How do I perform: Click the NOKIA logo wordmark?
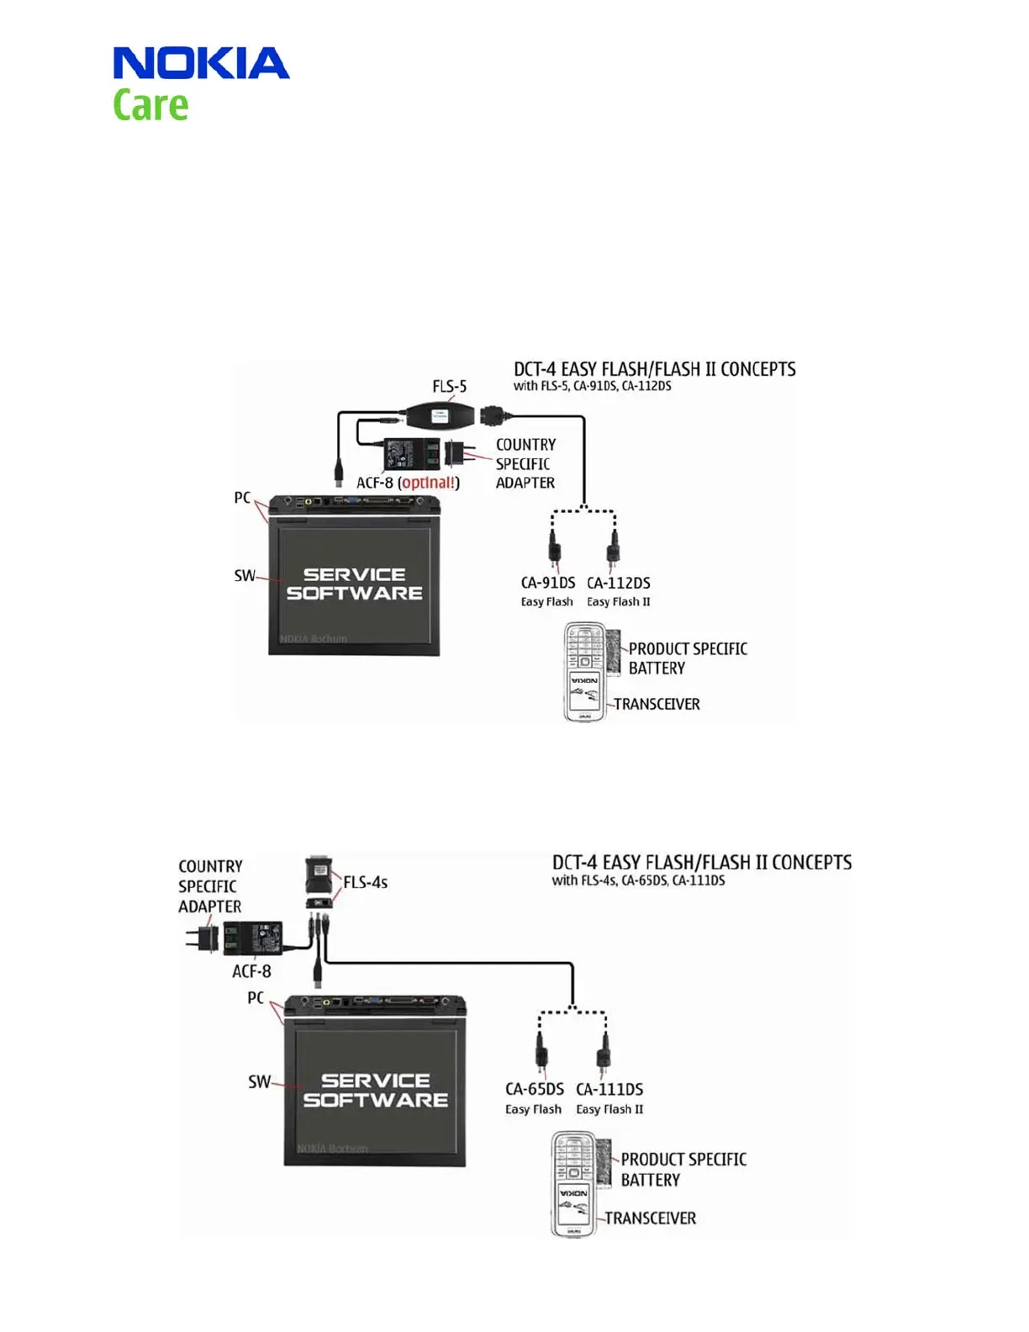201,63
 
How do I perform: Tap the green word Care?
150,106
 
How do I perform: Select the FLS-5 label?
449,386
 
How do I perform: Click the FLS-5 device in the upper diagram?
440,415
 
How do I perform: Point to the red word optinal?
430,483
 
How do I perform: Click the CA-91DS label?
547,583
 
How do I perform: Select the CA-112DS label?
618,583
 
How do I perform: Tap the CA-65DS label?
534,1089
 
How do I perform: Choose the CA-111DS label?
609,1089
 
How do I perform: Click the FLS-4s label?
365,882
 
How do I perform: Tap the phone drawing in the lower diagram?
573,1183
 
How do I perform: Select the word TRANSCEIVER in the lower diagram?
650,1218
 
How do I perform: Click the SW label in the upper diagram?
244,576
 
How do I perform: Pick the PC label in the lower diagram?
256,998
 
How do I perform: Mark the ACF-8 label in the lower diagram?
251,971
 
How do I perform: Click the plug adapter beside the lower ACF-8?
203,938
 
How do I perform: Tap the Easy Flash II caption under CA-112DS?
618,602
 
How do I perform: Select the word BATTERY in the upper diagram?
657,669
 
